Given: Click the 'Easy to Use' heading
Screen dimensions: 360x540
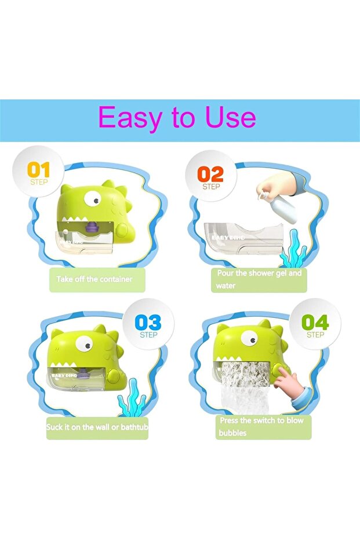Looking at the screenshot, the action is click(177, 117).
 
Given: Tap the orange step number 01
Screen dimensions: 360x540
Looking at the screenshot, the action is click(38, 170).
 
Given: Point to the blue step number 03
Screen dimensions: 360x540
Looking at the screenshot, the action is click(148, 322).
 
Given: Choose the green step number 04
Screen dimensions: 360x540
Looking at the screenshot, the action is click(315, 322).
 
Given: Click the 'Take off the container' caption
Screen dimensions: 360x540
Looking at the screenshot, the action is click(94, 279).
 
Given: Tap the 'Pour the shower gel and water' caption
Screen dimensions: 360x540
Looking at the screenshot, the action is click(259, 280).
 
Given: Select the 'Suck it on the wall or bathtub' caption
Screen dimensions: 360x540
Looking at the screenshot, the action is click(97, 427).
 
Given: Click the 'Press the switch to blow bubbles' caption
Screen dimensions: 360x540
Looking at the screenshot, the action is click(261, 426).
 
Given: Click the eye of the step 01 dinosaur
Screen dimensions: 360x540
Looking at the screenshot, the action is click(93, 198).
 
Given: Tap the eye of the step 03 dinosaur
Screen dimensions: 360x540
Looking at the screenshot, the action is click(84, 343).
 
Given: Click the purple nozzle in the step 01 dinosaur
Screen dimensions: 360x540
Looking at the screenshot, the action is click(91, 227).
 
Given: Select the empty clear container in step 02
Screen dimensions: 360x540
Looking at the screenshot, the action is click(244, 238).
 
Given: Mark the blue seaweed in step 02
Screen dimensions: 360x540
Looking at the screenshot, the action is click(293, 249).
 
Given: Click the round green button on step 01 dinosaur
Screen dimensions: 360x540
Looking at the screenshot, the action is click(122, 230).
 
